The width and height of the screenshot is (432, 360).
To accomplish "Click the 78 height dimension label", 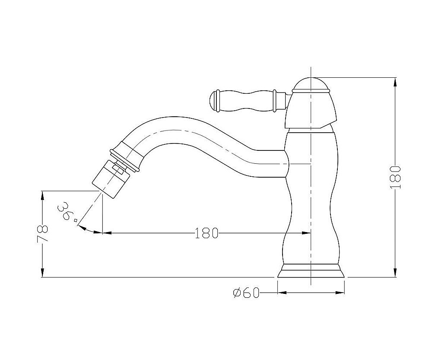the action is (42, 233).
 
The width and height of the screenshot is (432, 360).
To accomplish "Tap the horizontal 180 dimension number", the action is (206, 233).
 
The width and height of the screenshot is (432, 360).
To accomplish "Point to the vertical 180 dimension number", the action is (395, 177).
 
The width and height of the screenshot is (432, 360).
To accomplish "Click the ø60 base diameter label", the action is (246, 293).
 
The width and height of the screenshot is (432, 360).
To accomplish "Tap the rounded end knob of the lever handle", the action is (215, 101).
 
